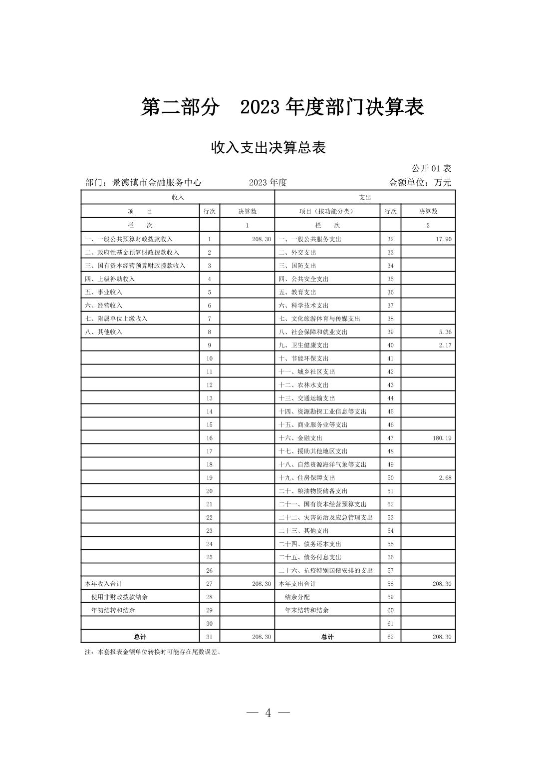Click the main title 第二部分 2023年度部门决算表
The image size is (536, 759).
tap(282, 107)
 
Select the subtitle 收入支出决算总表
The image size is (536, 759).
tap(268, 148)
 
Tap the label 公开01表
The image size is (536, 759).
tap(431, 169)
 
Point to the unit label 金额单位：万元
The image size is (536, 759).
tap(420, 183)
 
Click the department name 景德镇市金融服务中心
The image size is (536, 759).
tap(157, 183)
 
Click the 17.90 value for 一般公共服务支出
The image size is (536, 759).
tap(443, 239)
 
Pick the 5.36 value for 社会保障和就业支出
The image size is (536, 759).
tap(445, 332)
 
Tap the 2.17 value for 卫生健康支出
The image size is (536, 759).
tap(445, 345)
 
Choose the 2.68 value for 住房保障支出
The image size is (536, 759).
tap(445, 478)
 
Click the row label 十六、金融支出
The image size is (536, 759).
tap(300, 438)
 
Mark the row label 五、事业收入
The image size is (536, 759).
tap(103, 292)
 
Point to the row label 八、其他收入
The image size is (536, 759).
tap(103, 332)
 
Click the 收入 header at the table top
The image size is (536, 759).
tap(178, 198)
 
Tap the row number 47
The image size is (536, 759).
tap(390, 438)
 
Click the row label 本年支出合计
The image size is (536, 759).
tap(297, 584)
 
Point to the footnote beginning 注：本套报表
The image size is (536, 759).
tap(153, 652)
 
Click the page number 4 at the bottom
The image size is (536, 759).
tap(268, 713)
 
